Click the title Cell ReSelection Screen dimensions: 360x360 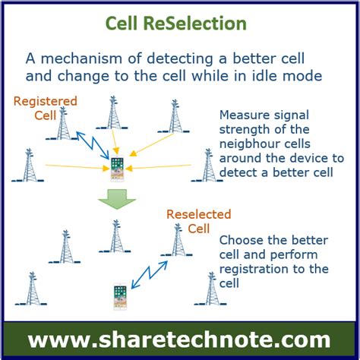(176, 24)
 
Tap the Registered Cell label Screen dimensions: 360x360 (46, 109)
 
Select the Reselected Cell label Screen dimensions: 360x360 (199, 221)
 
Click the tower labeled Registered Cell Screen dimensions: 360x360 (62, 123)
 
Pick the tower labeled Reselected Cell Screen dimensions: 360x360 (177, 240)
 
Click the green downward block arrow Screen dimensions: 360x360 (117, 199)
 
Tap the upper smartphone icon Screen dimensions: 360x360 (117, 169)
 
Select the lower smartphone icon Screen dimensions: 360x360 (120, 297)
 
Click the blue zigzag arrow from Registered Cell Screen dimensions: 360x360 (93, 145)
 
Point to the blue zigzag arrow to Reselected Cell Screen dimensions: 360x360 (150, 275)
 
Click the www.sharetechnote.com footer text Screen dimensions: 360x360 (179, 340)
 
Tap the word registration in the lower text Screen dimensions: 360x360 (254, 270)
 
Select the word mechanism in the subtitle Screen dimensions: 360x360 (81, 58)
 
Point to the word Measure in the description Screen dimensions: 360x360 (244, 115)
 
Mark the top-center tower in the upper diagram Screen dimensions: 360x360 (112, 112)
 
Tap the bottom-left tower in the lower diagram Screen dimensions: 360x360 (31, 289)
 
